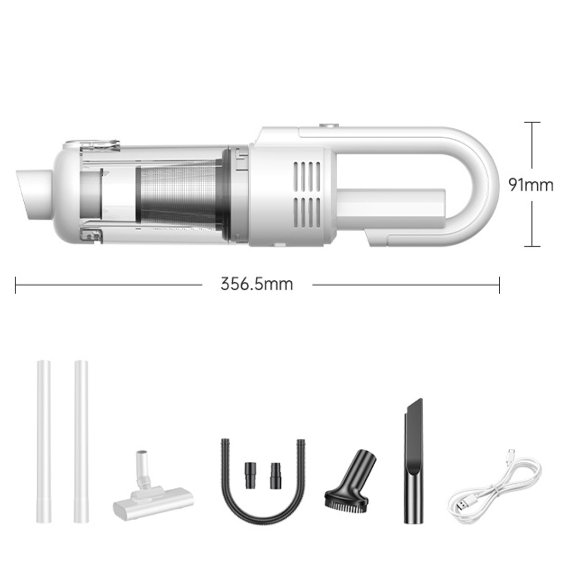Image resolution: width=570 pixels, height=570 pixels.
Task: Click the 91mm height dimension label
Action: tap(531, 185)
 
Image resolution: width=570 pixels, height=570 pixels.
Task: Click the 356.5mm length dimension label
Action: tap(256, 284)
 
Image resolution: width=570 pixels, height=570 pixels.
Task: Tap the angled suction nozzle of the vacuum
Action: tap(34, 194)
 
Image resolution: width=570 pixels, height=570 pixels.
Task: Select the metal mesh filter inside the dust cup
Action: tap(179, 195)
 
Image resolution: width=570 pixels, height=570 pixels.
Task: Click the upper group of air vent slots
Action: tap(307, 174)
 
